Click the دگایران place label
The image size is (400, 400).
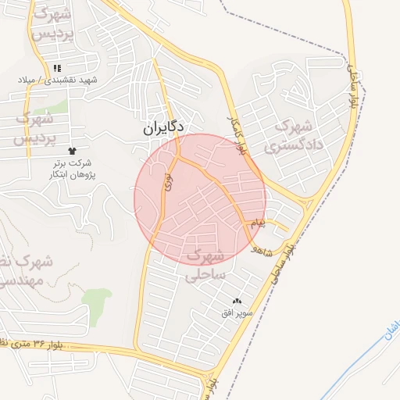pyautogui.click(x=164, y=127)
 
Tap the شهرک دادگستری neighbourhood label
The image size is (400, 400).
pyautogui.click(x=288, y=134)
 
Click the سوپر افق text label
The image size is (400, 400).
pyautogui.click(x=236, y=313)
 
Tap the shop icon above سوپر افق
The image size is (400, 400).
pyautogui.click(x=237, y=302)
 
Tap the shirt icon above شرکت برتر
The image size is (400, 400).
pyautogui.click(x=73, y=149)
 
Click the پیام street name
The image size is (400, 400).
pyautogui.click(x=259, y=223)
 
